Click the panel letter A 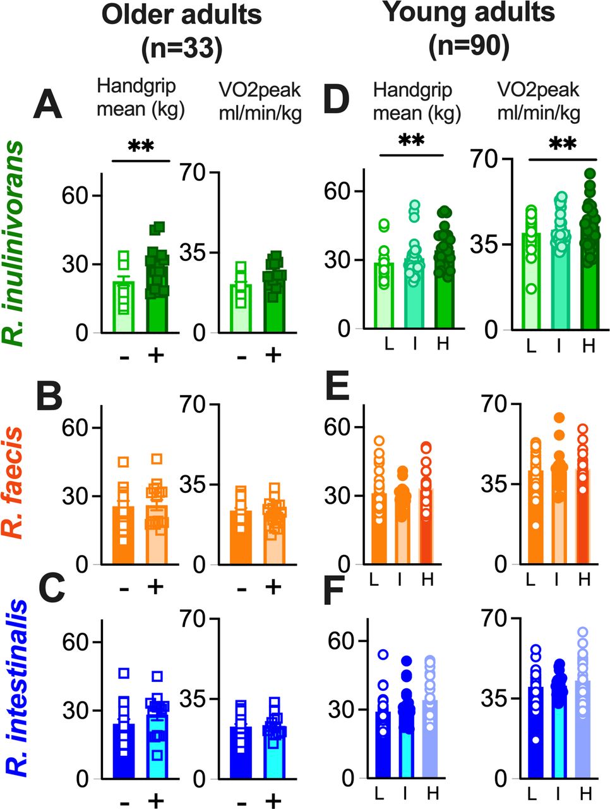(48, 104)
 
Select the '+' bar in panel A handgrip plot (157, 297)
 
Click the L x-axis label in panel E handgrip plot (385, 578)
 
